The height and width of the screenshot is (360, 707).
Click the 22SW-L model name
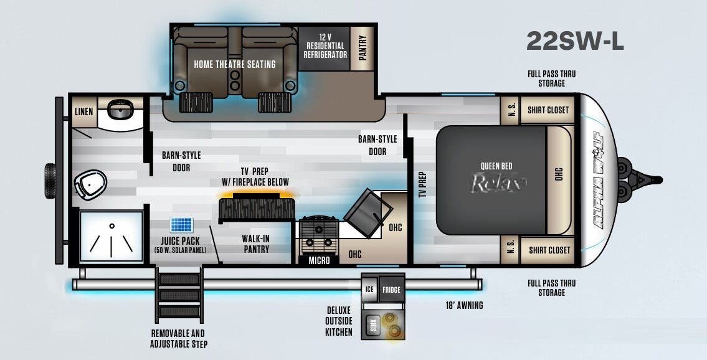pyautogui.click(x=574, y=40)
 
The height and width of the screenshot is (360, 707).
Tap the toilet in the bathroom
pyautogui.click(x=89, y=184)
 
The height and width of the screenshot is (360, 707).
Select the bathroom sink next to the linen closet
pyautogui.click(x=117, y=110)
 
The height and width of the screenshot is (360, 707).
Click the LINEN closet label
pyautogui.click(x=83, y=112)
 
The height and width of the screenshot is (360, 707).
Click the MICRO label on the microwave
pyautogui.click(x=320, y=260)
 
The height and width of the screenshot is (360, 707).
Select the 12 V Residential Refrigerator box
pyautogui.click(x=325, y=46)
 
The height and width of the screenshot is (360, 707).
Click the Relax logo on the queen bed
pyautogui.click(x=498, y=182)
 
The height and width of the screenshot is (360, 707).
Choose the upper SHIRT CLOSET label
pyautogui.click(x=548, y=110)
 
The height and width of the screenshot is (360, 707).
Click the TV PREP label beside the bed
pyautogui.click(x=422, y=185)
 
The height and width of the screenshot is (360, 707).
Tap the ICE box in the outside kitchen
pyautogui.click(x=369, y=290)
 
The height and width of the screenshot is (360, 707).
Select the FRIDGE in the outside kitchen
pyautogui.click(x=391, y=290)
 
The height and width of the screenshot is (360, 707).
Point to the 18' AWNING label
pyautogui.click(x=465, y=305)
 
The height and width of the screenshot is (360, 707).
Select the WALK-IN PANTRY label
pyautogui.click(x=255, y=244)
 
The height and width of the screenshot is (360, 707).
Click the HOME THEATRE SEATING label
pyautogui.click(x=234, y=64)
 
